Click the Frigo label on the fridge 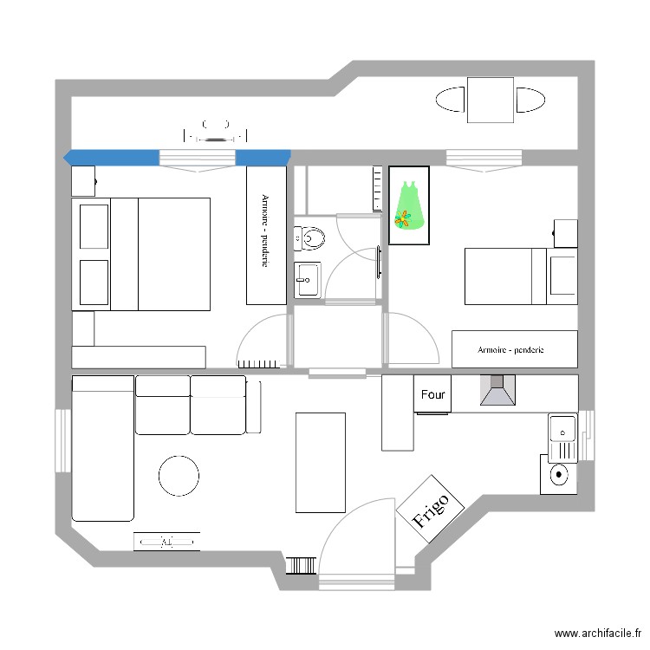coord(430,510)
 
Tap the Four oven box coord(432,393)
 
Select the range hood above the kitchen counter coord(497,390)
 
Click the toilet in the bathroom coord(309,238)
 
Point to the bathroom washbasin coord(307,280)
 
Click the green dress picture coord(409,205)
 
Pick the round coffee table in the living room coord(179,476)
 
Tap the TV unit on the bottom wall coord(166,542)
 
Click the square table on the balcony coord(491,100)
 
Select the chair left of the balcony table coord(450,100)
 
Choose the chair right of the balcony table coord(530,100)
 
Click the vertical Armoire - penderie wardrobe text coord(265,231)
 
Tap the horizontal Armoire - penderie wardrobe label coord(510,350)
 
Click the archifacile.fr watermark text coord(598,633)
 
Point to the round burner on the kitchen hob coord(559,474)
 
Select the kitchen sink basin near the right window coord(562,428)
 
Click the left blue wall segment coord(111,158)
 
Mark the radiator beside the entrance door coord(301,566)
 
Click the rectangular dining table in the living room coord(321,463)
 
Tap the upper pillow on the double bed coord(94,226)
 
